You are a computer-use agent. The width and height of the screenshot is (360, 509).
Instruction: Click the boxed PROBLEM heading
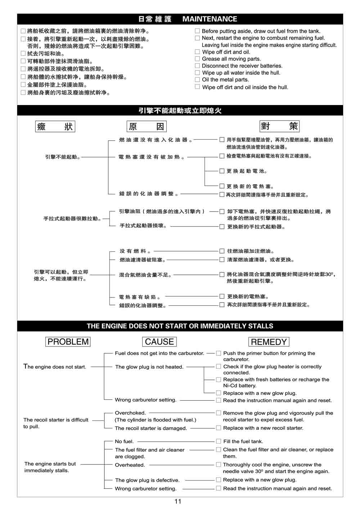68,342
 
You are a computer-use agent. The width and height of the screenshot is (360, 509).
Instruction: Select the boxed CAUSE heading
159,342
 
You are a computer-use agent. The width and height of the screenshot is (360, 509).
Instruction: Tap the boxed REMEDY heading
269,342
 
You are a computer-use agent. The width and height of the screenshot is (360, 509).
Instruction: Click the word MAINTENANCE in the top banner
210,19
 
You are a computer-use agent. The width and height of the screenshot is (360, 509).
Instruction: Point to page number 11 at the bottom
178,501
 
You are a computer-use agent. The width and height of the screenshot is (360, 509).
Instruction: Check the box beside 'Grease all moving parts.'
197,59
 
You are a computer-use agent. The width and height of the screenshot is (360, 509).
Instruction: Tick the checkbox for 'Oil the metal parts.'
197,79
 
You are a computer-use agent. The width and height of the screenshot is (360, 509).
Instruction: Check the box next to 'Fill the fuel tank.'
219,441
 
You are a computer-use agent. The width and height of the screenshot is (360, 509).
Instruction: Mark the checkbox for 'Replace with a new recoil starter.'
219,428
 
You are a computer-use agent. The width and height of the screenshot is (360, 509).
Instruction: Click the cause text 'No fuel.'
124,441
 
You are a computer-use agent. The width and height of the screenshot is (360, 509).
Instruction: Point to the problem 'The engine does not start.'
55,367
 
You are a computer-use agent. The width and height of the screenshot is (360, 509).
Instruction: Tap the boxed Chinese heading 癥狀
55,127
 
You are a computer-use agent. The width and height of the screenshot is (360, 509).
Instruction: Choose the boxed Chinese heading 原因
147,127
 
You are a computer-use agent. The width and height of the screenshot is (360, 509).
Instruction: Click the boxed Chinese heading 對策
279,126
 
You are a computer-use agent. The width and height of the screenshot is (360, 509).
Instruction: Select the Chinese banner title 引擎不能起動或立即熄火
180,110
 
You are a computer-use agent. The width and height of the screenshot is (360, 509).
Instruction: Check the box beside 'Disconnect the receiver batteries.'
197,66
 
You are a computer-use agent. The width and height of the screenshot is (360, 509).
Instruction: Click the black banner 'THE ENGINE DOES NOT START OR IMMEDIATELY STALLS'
180,326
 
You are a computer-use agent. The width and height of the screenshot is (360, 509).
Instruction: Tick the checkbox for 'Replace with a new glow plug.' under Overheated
219,480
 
